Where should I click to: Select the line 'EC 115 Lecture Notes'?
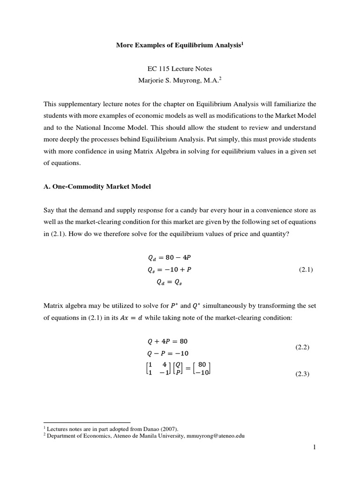pyautogui.click(x=180, y=68)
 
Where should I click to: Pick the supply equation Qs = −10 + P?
pyautogui.click(x=166, y=270)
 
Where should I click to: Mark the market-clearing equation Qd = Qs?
pyautogui.click(x=167, y=282)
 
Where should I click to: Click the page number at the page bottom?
pyautogui.click(x=315, y=447)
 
